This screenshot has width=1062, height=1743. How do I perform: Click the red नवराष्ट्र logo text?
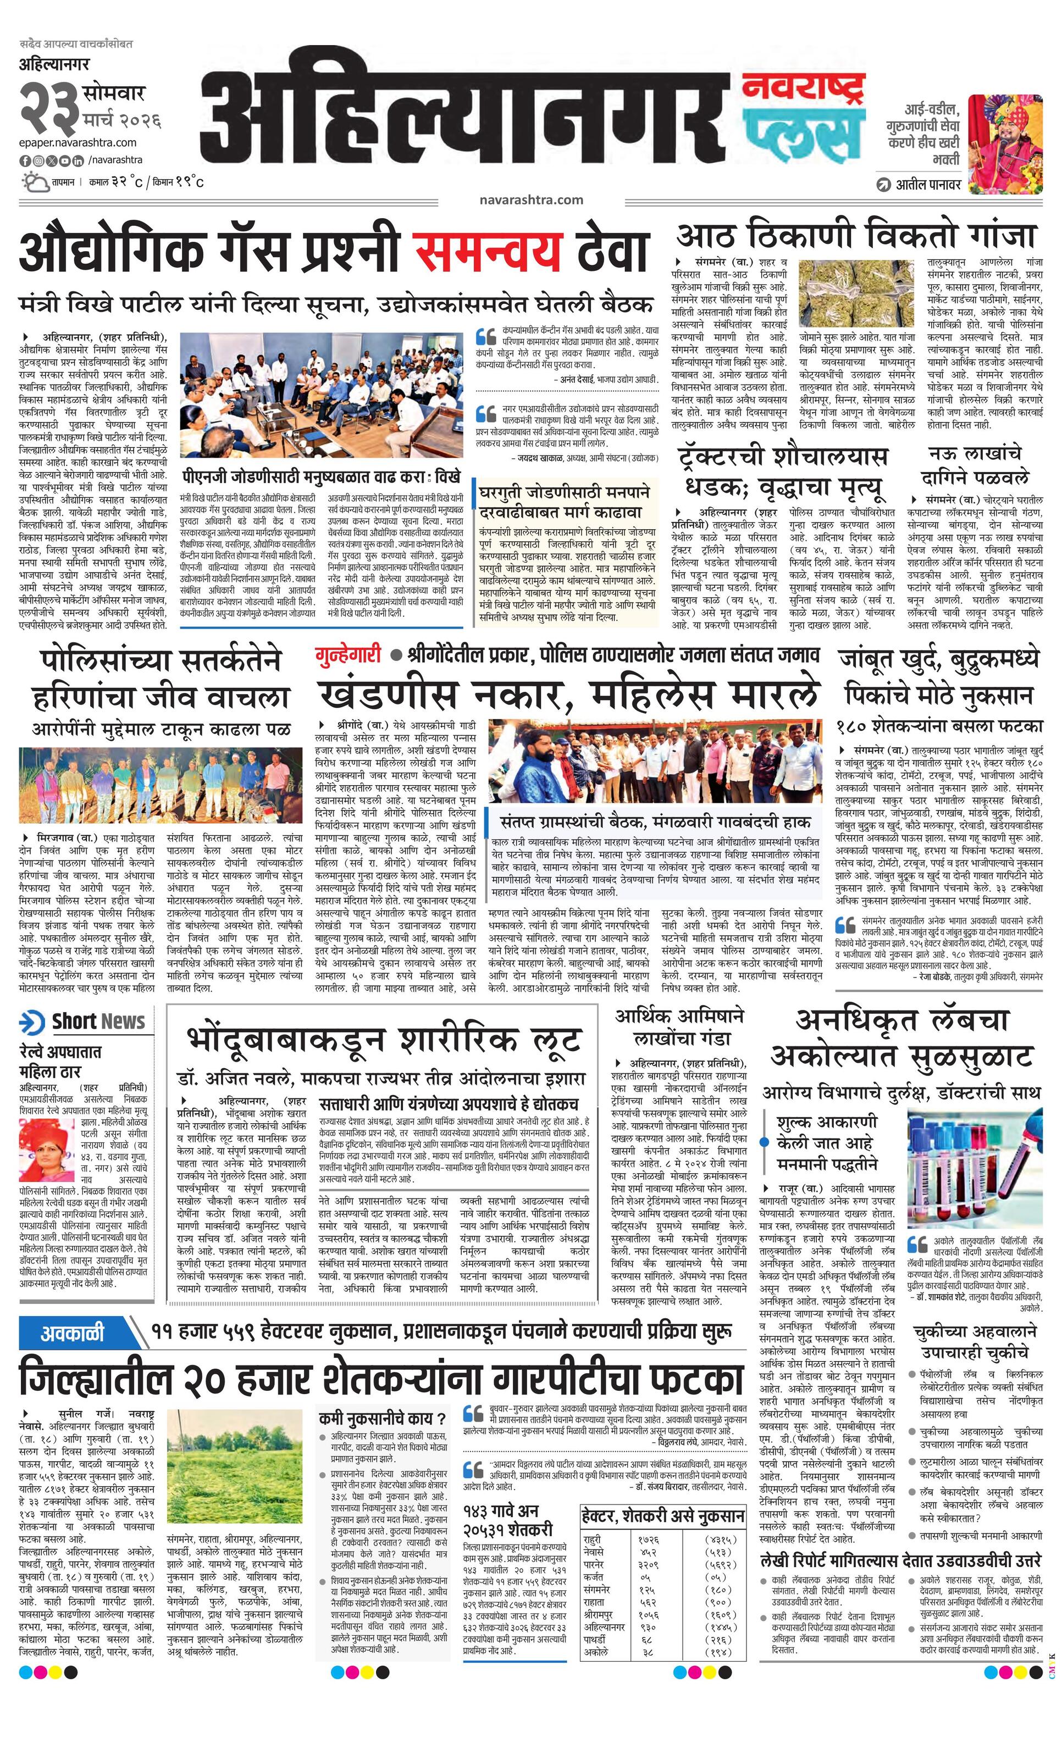tap(803, 89)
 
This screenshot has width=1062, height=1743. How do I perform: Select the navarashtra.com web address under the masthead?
tap(530, 199)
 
